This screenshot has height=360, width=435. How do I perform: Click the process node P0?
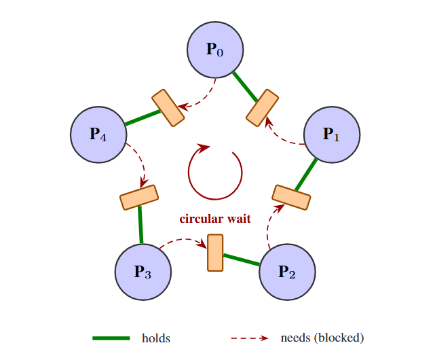pos(215,50)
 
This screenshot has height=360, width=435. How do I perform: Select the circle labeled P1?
pos(331,134)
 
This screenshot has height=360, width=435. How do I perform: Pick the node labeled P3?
pos(143,272)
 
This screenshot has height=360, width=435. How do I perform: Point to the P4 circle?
pos(99,134)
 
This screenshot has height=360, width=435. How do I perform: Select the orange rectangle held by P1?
pos(291,197)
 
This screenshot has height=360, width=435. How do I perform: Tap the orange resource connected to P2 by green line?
pos(215,253)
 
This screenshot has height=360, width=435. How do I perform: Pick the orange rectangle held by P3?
pos(139,197)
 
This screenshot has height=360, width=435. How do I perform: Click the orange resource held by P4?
pos(168,107)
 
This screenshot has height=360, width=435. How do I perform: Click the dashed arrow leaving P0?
pos(203,100)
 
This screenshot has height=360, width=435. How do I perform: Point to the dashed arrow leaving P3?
pos(182,240)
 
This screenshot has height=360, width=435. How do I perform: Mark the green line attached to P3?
pos(140,225)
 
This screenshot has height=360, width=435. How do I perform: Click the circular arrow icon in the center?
pos(214,173)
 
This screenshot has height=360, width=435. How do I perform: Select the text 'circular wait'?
pos(215,219)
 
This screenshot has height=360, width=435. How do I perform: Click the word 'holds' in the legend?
pos(155,338)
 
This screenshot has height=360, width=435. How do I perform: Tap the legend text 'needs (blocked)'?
pos(322,338)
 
